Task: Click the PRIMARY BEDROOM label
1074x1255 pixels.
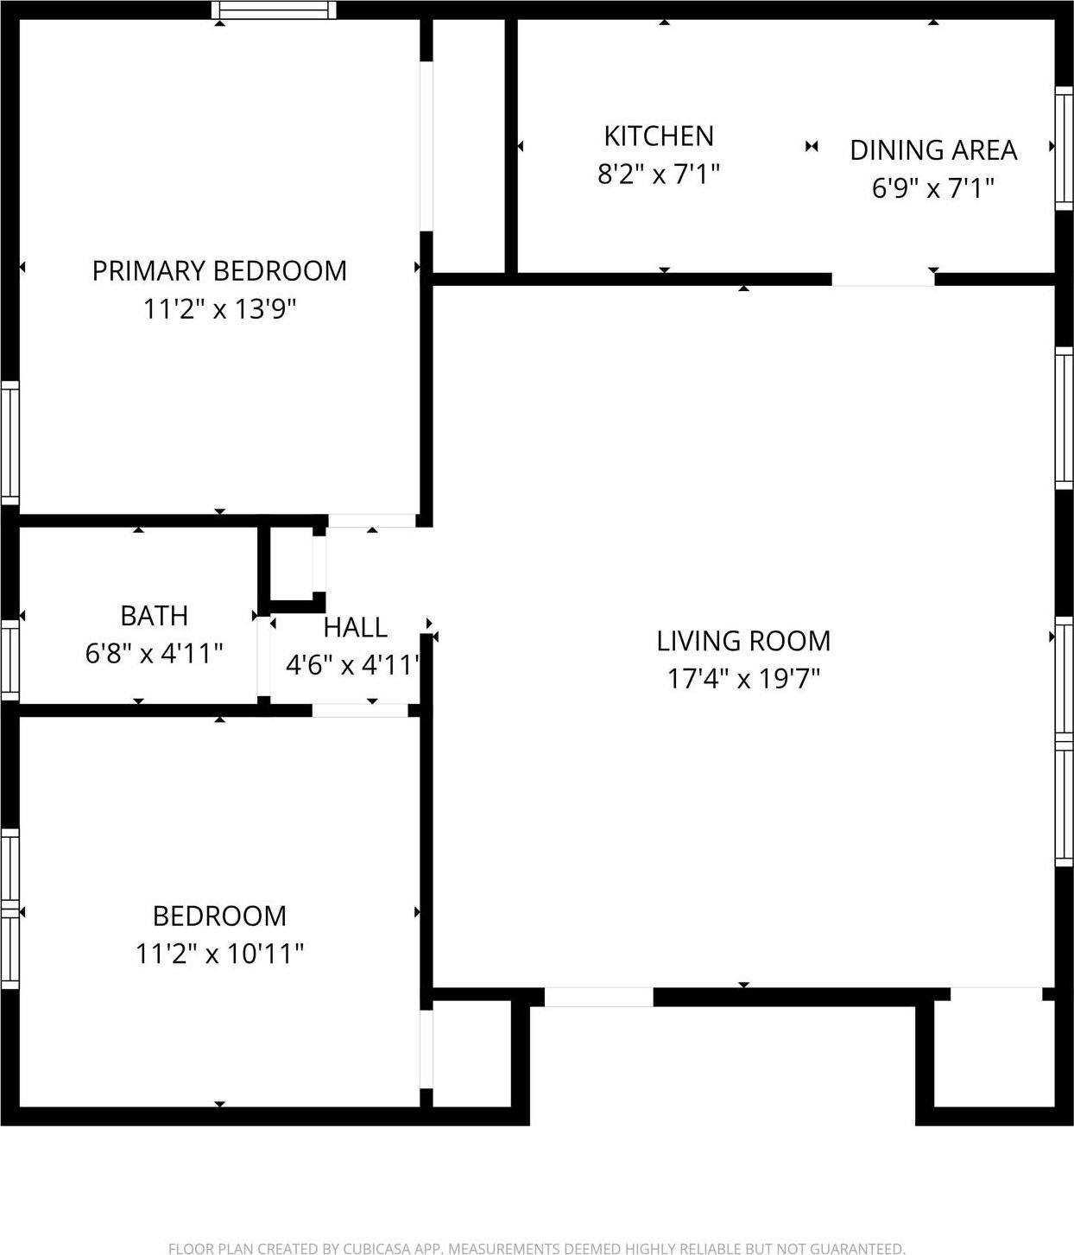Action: pyautogui.click(x=219, y=270)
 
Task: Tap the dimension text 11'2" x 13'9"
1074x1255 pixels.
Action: pyautogui.click(x=219, y=308)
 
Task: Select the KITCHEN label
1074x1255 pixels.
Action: pyautogui.click(x=658, y=136)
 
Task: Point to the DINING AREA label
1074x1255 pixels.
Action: pyautogui.click(x=932, y=149)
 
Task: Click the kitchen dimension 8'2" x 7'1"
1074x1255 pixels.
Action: pyautogui.click(x=658, y=174)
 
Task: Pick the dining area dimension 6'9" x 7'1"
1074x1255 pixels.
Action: pyautogui.click(x=932, y=187)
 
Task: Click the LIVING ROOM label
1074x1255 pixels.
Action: pyautogui.click(x=742, y=640)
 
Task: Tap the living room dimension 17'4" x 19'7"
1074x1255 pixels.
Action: pyautogui.click(x=742, y=678)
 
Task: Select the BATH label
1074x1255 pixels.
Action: pyautogui.click(x=154, y=615)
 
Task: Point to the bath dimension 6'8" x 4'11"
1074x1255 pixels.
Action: pyautogui.click(x=154, y=653)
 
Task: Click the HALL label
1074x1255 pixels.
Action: pyautogui.click(x=355, y=626)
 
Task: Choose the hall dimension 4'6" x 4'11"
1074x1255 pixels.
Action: pyautogui.click(x=352, y=665)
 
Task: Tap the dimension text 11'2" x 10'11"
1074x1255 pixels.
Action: pyautogui.click(x=219, y=953)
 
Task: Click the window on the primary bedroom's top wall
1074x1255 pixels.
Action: pyautogui.click(x=274, y=10)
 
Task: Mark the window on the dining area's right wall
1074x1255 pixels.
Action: pyautogui.click(x=1064, y=147)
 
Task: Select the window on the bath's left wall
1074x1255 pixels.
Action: pyautogui.click(x=9, y=659)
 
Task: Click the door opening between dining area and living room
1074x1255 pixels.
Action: pyautogui.click(x=882, y=279)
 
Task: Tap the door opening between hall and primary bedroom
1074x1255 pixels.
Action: pyautogui.click(x=371, y=520)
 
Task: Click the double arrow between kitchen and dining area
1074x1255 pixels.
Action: pyautogui.click(x=811, y=146)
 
